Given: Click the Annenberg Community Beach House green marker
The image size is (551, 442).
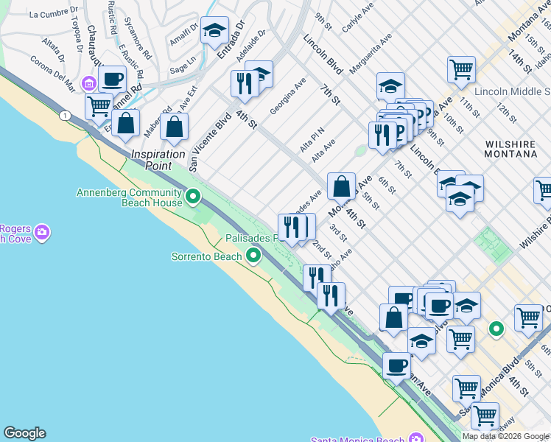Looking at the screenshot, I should [x=194, y=197].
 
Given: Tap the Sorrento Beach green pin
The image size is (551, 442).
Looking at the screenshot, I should [x=253, y=256].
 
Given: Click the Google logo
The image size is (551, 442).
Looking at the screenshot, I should [x=24, y=433].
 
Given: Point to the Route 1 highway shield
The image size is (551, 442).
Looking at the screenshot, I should [x=66, y=115].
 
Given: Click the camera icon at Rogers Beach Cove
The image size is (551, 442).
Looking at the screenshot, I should [x=43, y=233].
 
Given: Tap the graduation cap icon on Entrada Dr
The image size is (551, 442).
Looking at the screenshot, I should [x=214, y=30].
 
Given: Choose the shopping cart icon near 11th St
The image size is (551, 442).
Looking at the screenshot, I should [x=461, y=70].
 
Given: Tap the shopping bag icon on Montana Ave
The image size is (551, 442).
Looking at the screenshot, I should [x=342, y=186].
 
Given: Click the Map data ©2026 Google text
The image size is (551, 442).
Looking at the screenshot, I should [x=505, y=436].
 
